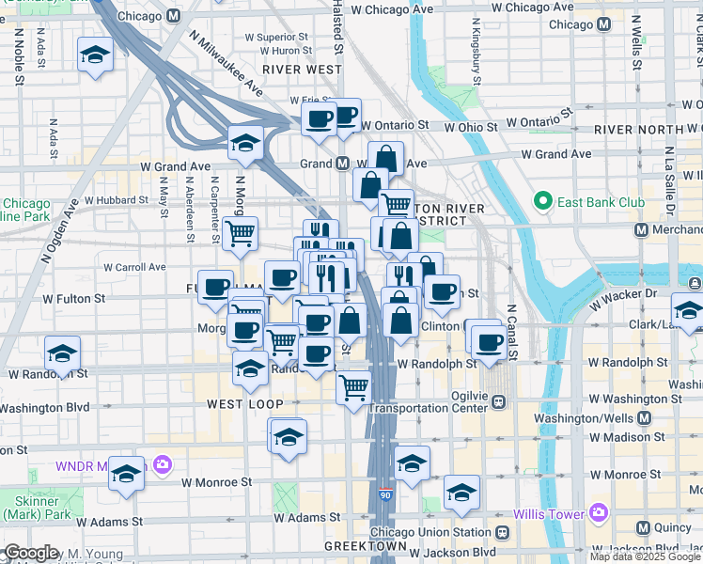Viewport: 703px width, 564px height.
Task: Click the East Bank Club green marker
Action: tap(541, 201)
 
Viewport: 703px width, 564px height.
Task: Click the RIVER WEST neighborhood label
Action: tap(302, 70)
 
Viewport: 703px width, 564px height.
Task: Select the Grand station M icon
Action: tap(344, 164)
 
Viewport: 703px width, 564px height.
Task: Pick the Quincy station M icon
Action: tap(644, 528)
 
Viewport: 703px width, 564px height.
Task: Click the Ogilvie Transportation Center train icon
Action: tap(499, 401)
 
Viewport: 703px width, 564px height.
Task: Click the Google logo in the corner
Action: tap(31, 553)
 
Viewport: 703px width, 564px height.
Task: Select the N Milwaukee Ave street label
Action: tap(227, 73)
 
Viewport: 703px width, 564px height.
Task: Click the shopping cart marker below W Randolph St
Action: tap(353, 385)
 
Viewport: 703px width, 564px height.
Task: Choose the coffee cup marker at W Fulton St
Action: tap(216, 286)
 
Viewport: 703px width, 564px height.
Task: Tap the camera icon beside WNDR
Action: tap(163, 464)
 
